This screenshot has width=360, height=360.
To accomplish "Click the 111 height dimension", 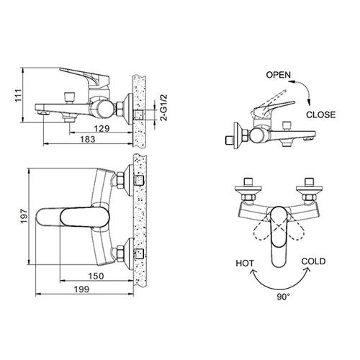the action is coord(19,95).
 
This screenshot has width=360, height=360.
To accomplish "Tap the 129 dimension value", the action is coord(102,129).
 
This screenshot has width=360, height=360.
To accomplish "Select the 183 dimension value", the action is coord(88,139).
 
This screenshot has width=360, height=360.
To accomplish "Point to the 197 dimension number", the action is coord(24,216).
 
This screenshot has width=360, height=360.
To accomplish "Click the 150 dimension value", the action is coord(96,276).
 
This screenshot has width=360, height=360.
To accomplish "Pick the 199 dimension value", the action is coord(81,289).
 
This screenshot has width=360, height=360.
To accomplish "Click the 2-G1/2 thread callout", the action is coord(164,107).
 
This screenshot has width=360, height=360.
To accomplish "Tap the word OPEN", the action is coord(279,75).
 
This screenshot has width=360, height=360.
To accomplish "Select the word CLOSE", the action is coord(321,114).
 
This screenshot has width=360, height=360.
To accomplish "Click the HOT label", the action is coord(245,264).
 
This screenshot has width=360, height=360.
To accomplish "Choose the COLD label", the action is coord(313,261).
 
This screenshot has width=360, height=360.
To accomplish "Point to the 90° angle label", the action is coord(283,297).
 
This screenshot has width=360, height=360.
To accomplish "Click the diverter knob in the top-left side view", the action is coord(70,97).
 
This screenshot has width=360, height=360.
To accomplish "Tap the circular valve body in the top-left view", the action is coord(101,109).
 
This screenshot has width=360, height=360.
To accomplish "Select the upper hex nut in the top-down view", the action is coord(120,181).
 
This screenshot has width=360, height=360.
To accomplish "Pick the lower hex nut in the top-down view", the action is coord(120,254).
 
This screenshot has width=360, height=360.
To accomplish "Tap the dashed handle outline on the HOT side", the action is coord(263,232).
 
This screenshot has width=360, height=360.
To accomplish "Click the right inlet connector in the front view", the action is coord(308,189).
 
